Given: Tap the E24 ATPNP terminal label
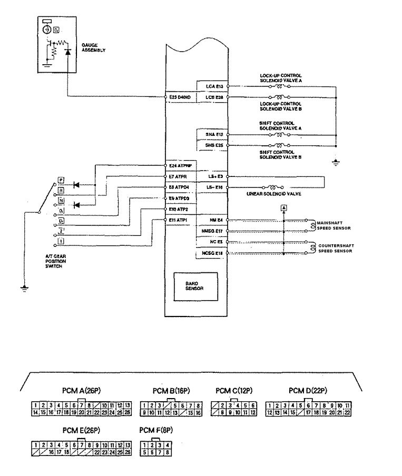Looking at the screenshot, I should [179, 165].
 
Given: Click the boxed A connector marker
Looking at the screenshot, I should [284, 208].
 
